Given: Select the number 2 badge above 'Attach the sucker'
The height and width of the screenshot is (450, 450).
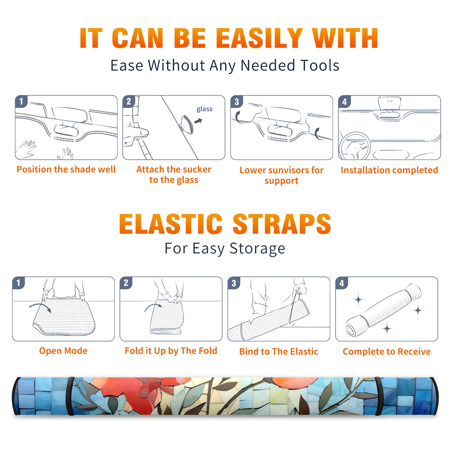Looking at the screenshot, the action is (x=129, y=101).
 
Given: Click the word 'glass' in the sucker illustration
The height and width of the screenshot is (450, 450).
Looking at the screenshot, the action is (x=204, y=109).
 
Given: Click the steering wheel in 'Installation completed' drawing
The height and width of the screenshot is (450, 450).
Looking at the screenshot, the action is (x=355, y=146).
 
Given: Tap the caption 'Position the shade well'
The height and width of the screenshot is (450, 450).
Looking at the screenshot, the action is (x=66, y=169).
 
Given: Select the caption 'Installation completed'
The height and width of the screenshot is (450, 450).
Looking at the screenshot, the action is (x=389, y=170).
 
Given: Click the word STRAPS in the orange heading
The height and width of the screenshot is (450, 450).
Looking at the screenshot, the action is (x=282, y=224).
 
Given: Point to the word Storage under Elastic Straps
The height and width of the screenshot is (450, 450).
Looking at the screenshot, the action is (x=257, y=249).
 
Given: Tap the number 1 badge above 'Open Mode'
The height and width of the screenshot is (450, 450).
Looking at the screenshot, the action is (x=19, y=283).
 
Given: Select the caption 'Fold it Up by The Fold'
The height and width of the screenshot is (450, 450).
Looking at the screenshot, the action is (x=171, y=351).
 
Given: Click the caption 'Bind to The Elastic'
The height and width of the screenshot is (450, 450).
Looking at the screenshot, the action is (x=279, y=352).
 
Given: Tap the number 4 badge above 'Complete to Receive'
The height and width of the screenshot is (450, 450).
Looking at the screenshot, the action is (x=342, y=283).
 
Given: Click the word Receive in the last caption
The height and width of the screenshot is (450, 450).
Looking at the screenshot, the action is (x=414, y=352).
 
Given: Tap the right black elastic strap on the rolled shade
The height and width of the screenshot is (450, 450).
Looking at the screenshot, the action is (x=378, y=396).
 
